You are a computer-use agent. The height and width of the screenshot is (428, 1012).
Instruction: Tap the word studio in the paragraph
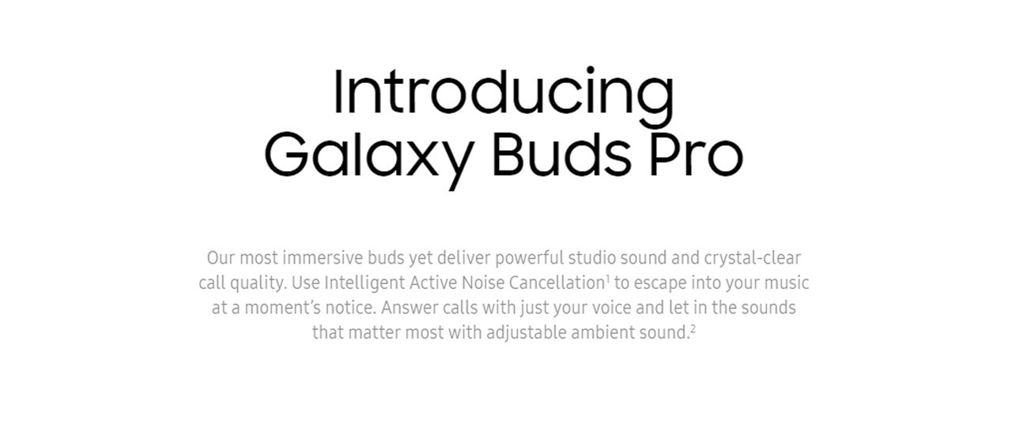point(592,258)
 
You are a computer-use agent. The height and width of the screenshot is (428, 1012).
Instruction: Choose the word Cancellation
point(557,283)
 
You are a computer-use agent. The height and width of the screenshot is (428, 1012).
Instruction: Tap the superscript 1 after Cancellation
point(608,279)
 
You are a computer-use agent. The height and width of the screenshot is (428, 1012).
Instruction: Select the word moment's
point(283,308)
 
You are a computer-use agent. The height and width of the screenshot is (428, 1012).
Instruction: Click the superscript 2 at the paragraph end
point(693,329)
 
